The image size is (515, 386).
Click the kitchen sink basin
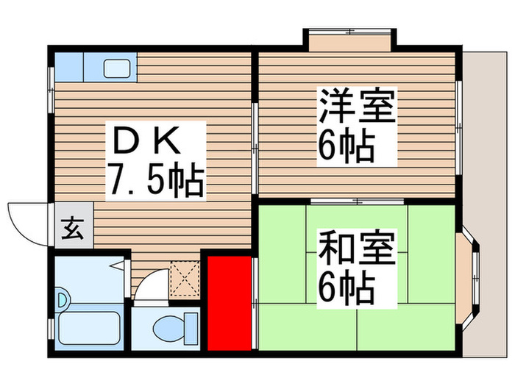pyautogui.click(x=116, y=68)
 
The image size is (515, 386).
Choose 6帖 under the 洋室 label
pyautogui.click(x=346, y=147)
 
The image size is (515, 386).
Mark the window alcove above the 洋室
pyautogui.click(x=351, y=40)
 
